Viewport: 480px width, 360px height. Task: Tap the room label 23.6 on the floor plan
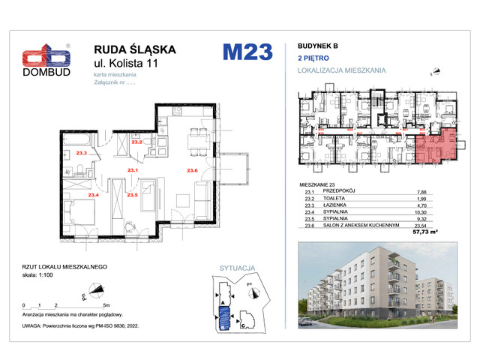point(192,172)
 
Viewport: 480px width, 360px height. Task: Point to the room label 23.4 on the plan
point(94,195)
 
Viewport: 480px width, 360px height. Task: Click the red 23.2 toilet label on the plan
point(136,142)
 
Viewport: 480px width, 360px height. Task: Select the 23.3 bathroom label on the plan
point(82,153)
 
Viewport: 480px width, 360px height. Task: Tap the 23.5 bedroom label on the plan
point(132,195)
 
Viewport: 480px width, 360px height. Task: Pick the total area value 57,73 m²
point(426,232)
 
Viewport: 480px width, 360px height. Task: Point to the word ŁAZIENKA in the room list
point(335,205)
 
